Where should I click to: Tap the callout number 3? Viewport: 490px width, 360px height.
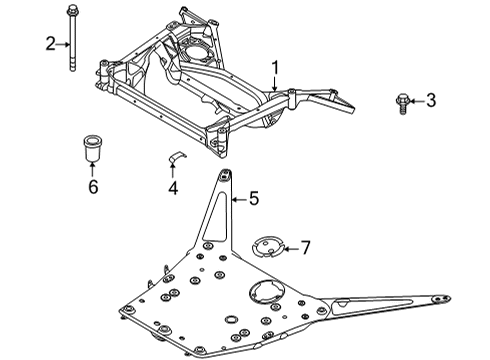click(431, 99)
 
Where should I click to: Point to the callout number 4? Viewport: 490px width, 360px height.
click(173, 187)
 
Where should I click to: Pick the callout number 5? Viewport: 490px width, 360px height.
click(253, 199)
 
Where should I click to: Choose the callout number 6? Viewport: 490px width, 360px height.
click(93, 187)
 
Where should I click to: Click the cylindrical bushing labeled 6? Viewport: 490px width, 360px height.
click(93, 148)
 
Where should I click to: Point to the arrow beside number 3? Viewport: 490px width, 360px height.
click(416, 99)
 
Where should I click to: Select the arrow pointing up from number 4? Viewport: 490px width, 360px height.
click(173, 172)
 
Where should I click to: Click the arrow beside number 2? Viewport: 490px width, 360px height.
click(62, 42)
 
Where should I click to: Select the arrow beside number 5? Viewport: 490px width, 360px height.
click(239, 199)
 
